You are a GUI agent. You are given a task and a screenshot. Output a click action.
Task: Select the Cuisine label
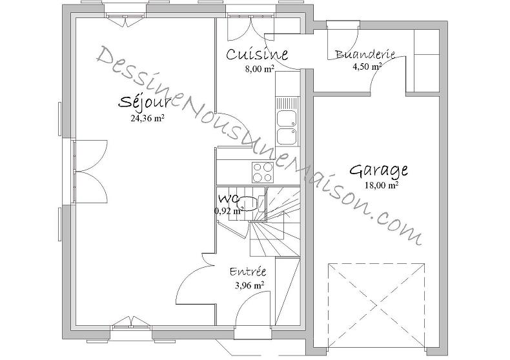tap(256, 55)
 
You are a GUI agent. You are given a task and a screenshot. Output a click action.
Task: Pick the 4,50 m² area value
tap(366, 66)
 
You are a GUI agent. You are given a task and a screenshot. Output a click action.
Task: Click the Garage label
tap(378, 171)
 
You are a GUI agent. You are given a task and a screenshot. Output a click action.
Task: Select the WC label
tap(229, 197)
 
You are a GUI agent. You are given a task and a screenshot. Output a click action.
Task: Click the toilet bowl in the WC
tap(260, 203)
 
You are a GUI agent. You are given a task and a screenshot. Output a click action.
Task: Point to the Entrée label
tap(247, 272)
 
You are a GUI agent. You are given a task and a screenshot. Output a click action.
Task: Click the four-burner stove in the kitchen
tap(263, 172)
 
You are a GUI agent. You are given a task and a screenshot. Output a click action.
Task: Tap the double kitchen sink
tap(285, 126)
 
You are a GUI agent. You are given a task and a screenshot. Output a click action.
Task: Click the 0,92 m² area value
tap(229, 210)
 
